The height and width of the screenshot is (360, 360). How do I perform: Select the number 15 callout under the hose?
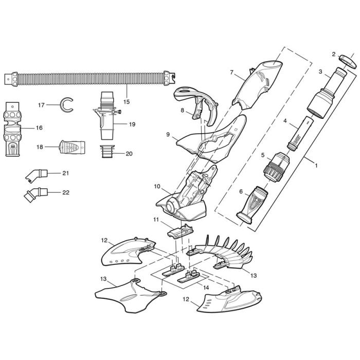[x=127, y=102]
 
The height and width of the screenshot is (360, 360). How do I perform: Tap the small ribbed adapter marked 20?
[x=107, y=153]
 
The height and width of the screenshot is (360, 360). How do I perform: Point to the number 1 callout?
[x=316, y=166]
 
